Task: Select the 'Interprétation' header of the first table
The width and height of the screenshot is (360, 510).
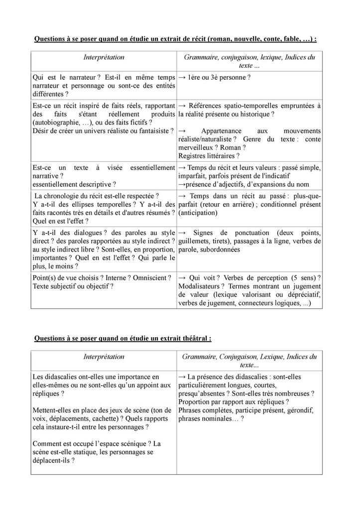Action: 104,57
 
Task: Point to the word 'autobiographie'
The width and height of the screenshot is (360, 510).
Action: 55,122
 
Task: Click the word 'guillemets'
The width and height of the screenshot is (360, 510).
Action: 195,241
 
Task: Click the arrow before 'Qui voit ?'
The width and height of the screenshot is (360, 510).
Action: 182,277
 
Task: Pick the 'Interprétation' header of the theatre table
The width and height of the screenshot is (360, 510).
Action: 104,357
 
